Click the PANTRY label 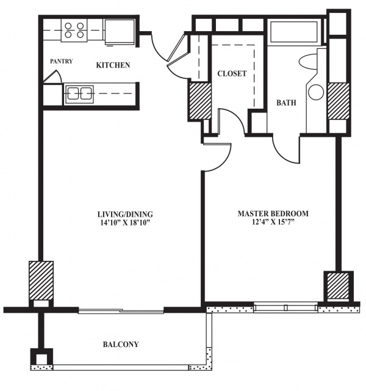pyautogui.click(x=61, y=61)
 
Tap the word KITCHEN pyautogui.click(x=113, y=65)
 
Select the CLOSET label pyautogui.click(x=232, y=73)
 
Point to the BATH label pyautogui.click(x=286, y=103)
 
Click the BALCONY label pyautogui.click(x=121, y=345)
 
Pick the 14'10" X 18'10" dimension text pyautogui.click(x=125, y=222)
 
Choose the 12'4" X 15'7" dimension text pyautogui.click(x=273, y=222)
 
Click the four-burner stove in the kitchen pyautogui.click(x=74, y=30)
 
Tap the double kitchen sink pyautogui.click(x=79, y=93)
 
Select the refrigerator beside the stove pyautogui.click(x=120, y=32)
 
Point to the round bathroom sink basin pyautogui.click(x=316, y=92)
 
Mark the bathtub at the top pyautogui.click(x=293, y=32)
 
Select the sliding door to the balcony pyautogui.click(x=121, y=310)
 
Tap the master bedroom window pyautogui.click(x=286, y=307)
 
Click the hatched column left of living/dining pyautogui.click(x=41, y=280)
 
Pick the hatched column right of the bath pyautogui.click(x=338, y=101)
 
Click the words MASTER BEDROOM pyautogui.click(x=273, y=214)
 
